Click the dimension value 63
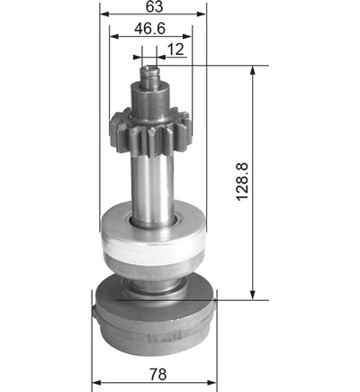(x=155, y=6)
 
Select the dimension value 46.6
(x=150, y=29)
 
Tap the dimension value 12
(x=175, y=50)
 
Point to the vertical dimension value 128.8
(x=242, y=181)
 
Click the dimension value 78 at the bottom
(x=157, y=374)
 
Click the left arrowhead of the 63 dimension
(x=104, y=14)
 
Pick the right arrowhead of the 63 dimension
(x=202, y=14)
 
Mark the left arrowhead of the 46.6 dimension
(x=114, y=37)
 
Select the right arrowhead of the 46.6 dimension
(x=187, y=37)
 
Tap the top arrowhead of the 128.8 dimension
(x=253, y=70)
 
